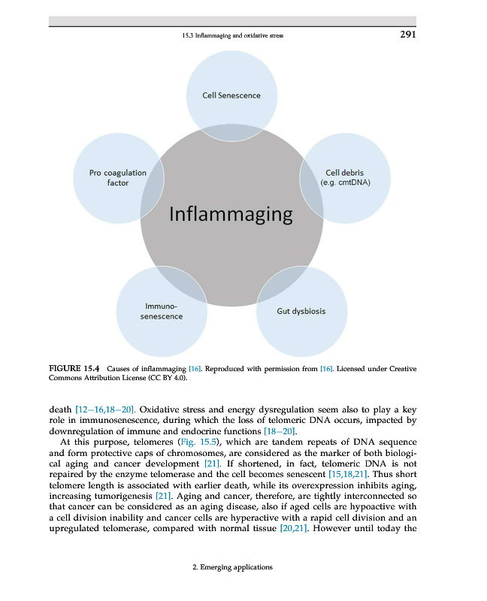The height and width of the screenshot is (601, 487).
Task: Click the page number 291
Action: tap(407, 35)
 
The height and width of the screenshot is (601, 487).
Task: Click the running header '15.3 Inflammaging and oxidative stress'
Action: tap(233, 35)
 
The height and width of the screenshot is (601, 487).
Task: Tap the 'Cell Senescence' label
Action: tap(231, 95)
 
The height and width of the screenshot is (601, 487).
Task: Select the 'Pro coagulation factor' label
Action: tap(118, 178)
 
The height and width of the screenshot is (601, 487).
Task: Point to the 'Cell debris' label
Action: tap(344, 173)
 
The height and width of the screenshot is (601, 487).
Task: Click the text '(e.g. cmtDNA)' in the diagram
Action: tap(344, 183)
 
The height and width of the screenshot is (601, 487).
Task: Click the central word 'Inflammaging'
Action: tap(231, 214)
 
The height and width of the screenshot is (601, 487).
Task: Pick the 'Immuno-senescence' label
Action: tap(162, 312)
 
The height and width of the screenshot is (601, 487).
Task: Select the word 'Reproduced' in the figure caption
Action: tap(224, 369)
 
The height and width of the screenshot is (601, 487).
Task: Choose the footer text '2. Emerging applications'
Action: tap(232, 567)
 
